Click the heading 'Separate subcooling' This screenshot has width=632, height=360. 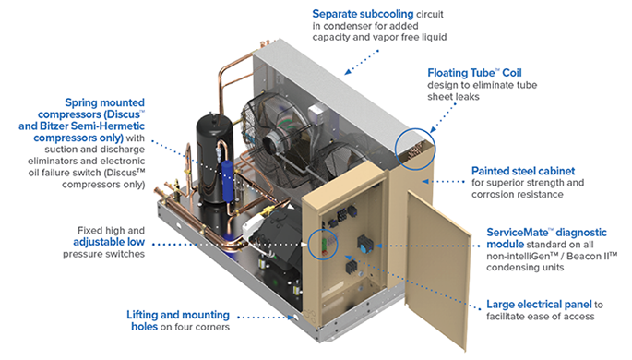point(363,14)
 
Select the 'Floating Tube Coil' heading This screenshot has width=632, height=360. point(474,73)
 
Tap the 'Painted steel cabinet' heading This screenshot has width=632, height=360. point(523,171)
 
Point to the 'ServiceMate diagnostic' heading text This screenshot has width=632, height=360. point(546,233)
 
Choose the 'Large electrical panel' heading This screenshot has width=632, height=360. point(539,305)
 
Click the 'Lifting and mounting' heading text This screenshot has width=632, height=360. point(178,315)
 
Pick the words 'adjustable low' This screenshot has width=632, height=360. point(109,242)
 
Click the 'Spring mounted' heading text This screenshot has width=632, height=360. point(105,102)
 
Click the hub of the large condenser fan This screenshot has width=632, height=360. point(271,143)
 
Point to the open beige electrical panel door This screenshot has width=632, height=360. point(437,268)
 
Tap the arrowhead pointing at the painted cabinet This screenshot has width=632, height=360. point(424,182)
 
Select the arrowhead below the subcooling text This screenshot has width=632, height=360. point(348,72)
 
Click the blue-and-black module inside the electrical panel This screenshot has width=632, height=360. point(365,244)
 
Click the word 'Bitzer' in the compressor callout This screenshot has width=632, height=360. point(54,126)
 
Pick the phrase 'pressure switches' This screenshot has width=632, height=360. point(103,254)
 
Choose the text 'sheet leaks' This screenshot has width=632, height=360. point(453,97)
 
